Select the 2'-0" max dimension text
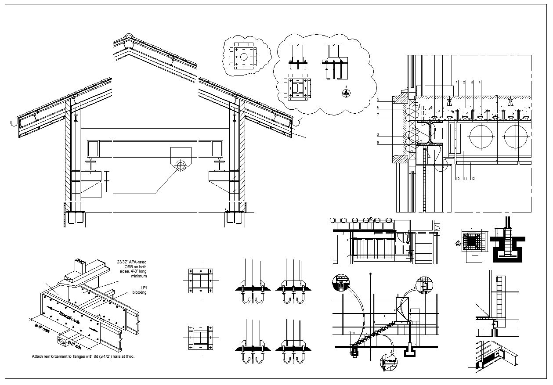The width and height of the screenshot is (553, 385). point(43,329)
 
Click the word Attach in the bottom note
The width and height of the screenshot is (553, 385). point(37,356)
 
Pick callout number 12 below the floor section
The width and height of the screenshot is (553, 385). point(472,179)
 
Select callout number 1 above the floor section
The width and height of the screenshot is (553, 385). point(457,82)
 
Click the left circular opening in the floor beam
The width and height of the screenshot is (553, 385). point(482,137)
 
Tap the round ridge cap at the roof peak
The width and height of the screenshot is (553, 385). point(128,36)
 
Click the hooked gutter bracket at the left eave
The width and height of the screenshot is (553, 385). point(14,122)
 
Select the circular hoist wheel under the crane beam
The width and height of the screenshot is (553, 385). point(180,166)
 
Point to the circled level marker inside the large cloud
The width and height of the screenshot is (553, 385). point(347,93)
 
